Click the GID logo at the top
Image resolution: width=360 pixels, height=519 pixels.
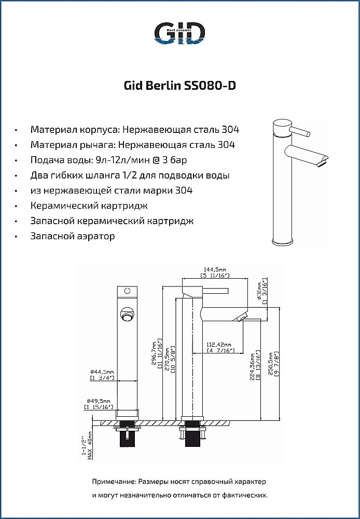(x=179, y=33)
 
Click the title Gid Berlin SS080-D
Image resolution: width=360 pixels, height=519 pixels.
(x=179, y=85)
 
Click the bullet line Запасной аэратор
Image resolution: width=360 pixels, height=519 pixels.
(x=73, y=236)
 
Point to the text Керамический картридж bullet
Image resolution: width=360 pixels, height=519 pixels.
(x=89, y=206)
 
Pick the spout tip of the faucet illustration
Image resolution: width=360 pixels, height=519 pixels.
(x=325, y=162)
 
